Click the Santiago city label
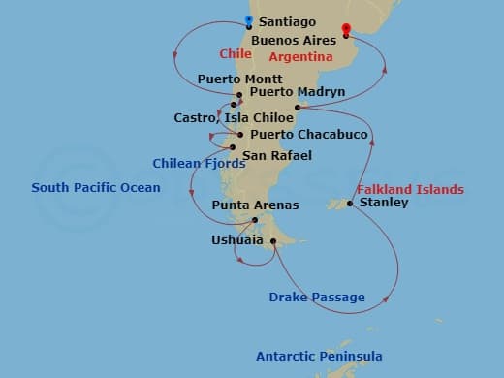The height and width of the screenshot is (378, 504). click(288, 21)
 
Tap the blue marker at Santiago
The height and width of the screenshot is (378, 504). click(249, 20)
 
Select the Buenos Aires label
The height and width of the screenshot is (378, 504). click(293, 40)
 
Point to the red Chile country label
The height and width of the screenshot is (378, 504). click(235, 54)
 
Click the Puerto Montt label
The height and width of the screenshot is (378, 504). click(239, 79)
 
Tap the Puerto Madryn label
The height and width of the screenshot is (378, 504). click(291, 92)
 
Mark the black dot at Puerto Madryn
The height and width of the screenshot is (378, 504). click(297, 108)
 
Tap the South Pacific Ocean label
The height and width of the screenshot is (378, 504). click(96, 187)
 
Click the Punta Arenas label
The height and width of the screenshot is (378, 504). click(255, 205)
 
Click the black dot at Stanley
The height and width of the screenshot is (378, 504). click(350, 204)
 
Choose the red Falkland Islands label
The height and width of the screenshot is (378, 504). click(410, 189)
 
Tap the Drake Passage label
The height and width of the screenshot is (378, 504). click(318, 298)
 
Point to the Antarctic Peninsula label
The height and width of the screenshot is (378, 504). click(319, 357)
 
